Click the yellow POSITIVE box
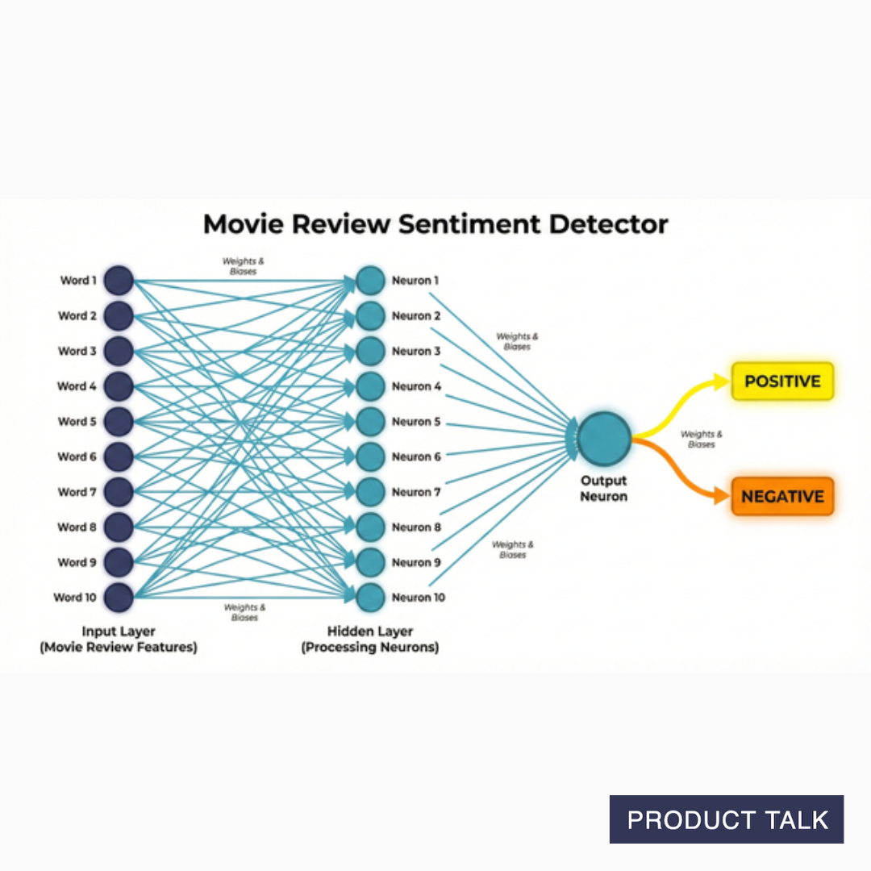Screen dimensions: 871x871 click(781, 381)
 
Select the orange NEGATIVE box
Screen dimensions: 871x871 click(781, 497)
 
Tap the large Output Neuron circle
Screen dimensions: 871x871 click(603, 438)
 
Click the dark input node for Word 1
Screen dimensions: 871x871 click(119, 281)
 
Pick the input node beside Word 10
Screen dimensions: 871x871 click(119, 598)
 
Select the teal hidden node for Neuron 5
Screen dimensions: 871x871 click(370, 421)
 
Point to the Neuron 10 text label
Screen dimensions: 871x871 click(418, 598)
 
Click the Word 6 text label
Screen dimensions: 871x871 click(77, 456)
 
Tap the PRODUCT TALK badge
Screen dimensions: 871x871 click(727, 819)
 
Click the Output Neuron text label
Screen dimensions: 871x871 click(603, 489)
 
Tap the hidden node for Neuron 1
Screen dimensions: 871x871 click(370, 281)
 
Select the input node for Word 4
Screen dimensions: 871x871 click(119, 386)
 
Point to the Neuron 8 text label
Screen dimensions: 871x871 click(416, 527)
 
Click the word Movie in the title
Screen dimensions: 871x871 click(240, 223)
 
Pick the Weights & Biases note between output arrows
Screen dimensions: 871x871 click(701, 439)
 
